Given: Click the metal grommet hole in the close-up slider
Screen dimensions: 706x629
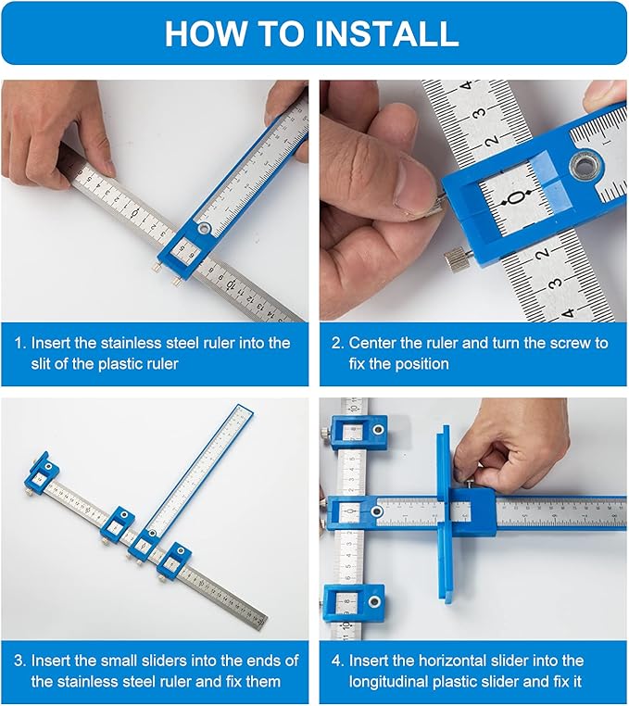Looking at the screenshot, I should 585,169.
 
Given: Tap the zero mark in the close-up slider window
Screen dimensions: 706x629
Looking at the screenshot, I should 516,197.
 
